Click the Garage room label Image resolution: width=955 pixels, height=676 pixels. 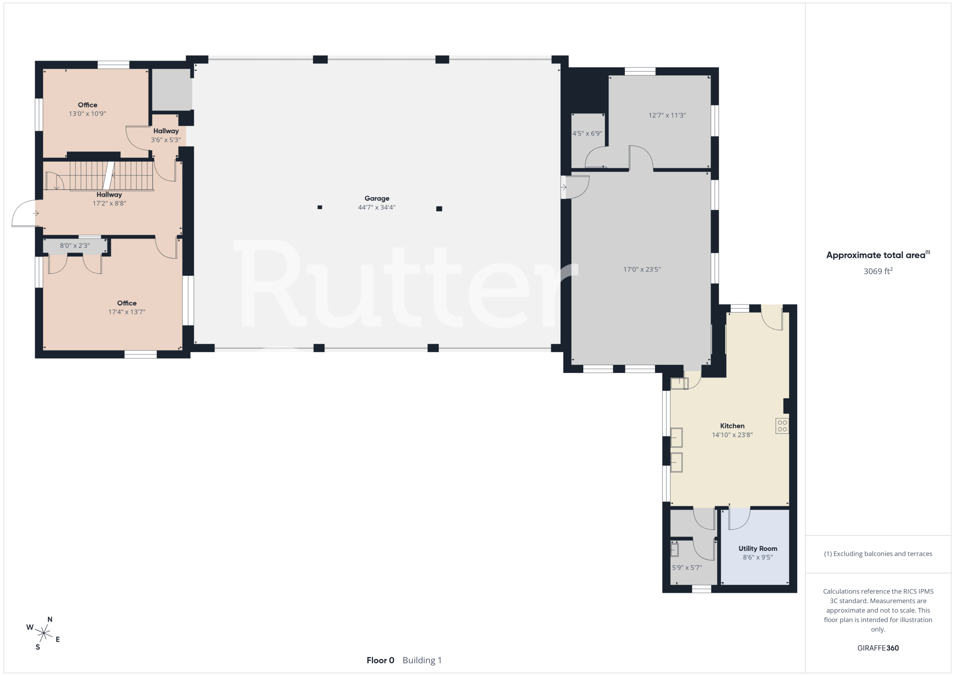pyautogui.click(x=377, y=199)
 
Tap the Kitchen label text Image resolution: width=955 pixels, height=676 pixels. pyautogui.click(x=732, y=426)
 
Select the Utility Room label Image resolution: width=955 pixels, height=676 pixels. pyautogui.click(x=758, y=549)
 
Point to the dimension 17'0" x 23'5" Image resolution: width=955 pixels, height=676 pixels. pyautogui.click(x=642, y=270)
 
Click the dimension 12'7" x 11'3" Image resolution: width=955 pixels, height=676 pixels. pyautogui.click(x=667, y=115)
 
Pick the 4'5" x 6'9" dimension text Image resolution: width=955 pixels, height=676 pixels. pyautogui.click(x=587, y=134)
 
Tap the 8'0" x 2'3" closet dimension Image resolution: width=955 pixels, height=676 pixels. pyautogui.click(x=75, y=246)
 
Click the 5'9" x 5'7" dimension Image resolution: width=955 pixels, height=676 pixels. pyautogui.click(x=687, y=567)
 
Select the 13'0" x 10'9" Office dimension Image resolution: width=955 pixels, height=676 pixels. pyautogui.click(x=87, y=113)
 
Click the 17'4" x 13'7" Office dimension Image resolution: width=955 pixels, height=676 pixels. pyautogui.click(x=127, y=312)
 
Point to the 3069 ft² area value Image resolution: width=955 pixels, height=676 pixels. pyautogui.click(x=878, y=271)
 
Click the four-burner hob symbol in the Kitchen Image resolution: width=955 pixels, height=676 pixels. pyautogui.click(x=782, y=426)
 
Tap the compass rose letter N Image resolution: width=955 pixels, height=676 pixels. pyautogui.click(x=50, y=619)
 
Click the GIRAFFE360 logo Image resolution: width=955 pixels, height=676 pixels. pyautogui.click(x=878, y=648)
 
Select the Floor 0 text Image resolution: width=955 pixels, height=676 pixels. pyautogui.click(x=380, y=660)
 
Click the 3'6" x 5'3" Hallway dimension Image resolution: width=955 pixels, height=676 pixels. pyautogui.click(x=166, y=140)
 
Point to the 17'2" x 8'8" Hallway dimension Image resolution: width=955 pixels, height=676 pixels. pyautogui.click(x=109, y=203)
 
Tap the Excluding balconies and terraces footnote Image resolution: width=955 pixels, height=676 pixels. pyautogui.click(x=878, y=554)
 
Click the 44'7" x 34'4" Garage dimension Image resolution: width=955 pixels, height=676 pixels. pyautogui.click(x=377, y=207)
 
